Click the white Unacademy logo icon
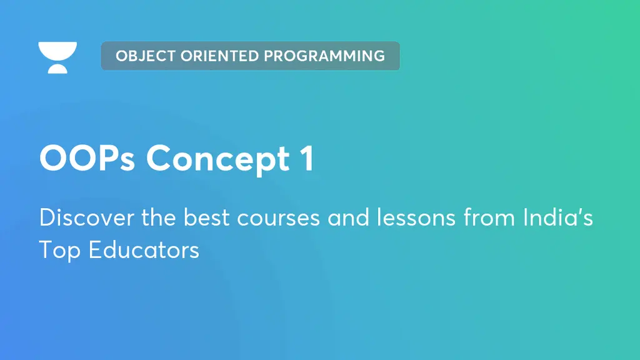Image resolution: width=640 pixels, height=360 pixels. tap(57, 57)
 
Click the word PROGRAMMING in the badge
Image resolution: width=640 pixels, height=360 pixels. tap(324, 56)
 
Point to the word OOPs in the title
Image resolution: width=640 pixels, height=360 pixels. tap(87, 158)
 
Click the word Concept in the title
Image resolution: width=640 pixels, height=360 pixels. tap(218, 159)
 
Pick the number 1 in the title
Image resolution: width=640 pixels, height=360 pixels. tap(307, 158)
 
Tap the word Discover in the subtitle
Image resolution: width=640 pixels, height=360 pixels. tap(86, 217)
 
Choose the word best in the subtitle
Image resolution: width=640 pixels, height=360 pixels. tap(206, 217)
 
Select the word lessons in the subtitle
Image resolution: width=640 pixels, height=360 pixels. tap(416, 217)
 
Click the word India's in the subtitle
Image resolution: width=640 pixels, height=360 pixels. tap(558, 217)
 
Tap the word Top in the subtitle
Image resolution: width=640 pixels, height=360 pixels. tap(59, 250)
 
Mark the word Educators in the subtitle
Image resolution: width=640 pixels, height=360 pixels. tap(144, 249)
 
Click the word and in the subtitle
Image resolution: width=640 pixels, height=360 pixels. tap(348, 217)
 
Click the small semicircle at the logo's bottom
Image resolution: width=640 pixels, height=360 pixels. tap(57, 69)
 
